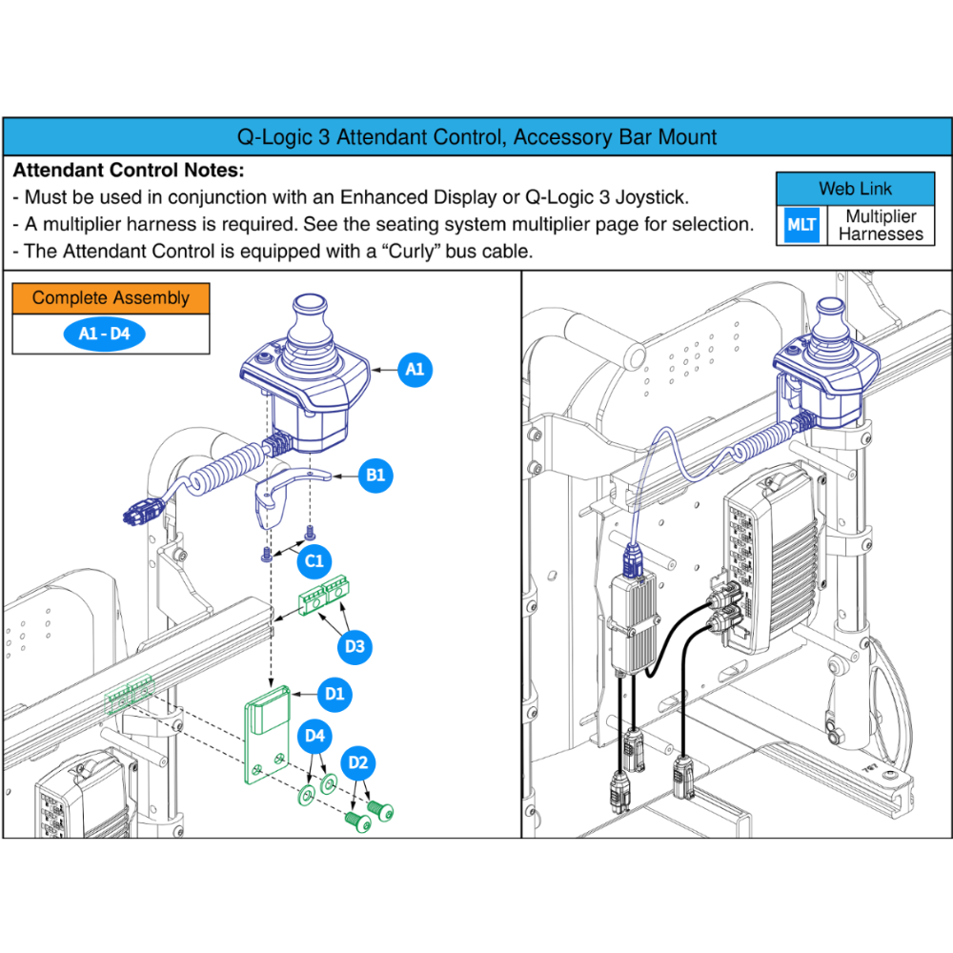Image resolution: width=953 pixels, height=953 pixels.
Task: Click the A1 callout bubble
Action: point(415,369)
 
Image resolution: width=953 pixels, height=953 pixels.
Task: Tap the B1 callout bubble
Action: point(376,476)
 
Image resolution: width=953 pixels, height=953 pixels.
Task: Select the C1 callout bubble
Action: point(314,561)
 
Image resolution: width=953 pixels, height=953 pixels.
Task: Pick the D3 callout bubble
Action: point(355,647)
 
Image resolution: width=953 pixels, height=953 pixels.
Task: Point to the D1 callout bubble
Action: point(335,694)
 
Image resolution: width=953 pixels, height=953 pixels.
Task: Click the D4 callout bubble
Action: point(315,736)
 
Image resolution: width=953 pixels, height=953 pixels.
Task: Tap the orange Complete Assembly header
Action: point(111,298)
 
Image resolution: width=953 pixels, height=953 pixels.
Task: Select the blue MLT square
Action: point(801,225)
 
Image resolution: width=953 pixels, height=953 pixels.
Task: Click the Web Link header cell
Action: point(855,189)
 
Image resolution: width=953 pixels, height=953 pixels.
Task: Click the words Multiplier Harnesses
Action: point(881,226)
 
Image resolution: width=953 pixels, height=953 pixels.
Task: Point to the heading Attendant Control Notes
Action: point(129,172)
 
